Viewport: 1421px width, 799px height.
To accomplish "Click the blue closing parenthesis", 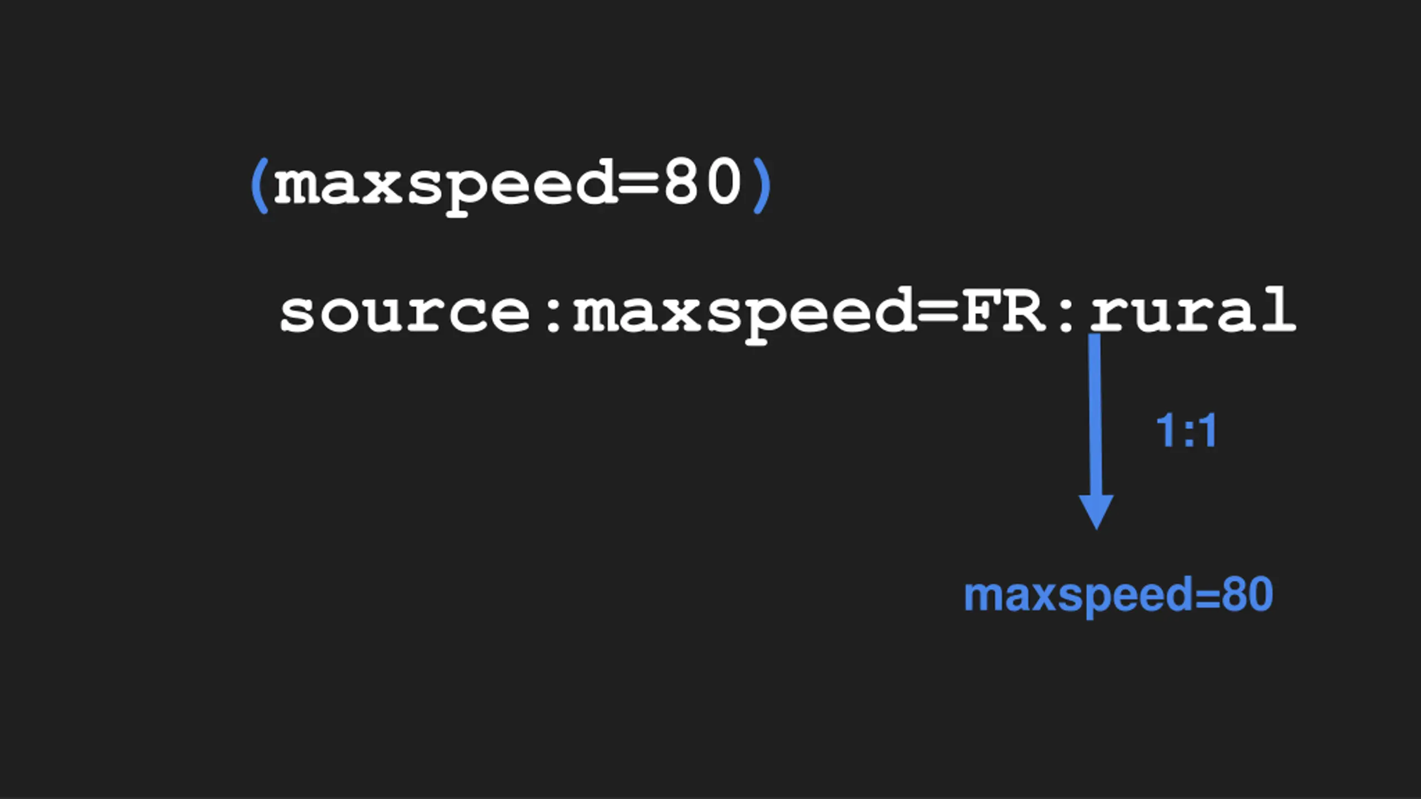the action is [x=762, y=185].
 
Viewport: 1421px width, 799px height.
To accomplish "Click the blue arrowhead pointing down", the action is [x=1096, y=510].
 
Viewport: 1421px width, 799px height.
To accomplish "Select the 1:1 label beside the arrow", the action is [x=1186, y=431].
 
